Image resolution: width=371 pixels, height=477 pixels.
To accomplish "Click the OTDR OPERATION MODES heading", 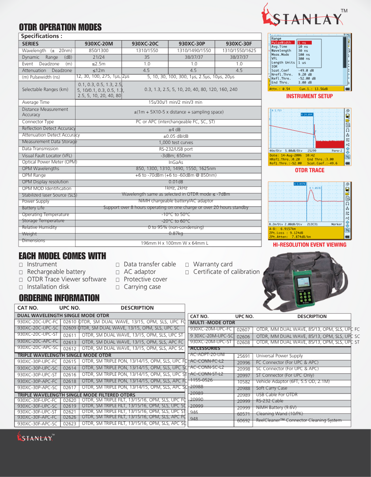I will click(60, 27).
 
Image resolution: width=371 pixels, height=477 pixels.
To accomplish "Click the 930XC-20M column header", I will click(99, 44).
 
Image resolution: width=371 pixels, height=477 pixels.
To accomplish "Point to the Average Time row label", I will click(36, 102).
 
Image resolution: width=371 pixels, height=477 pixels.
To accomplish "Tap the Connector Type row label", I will click(38, 121).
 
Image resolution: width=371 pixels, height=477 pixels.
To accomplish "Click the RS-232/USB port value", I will click(176, 149).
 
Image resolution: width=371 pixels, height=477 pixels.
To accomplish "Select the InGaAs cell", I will click(176, 162).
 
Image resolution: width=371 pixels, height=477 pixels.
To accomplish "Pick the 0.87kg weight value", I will click(176, 233).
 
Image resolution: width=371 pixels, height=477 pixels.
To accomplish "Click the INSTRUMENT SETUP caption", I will click(310, 96).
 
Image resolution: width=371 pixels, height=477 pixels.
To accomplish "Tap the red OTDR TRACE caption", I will click(310, 170).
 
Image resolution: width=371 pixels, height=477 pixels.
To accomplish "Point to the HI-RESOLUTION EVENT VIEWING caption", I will click(310, 244).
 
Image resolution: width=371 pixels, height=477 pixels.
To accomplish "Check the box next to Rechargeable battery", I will click(21, 272).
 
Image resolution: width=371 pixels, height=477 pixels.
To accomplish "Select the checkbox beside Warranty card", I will click(187, 265).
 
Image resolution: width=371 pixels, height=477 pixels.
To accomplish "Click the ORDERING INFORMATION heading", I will click(59, 298).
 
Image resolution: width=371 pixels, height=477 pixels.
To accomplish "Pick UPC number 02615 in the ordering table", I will click(69, 361).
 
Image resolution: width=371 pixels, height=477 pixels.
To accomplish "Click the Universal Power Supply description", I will click(280, 356).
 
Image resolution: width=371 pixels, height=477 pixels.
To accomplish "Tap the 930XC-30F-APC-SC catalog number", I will click(38, 424).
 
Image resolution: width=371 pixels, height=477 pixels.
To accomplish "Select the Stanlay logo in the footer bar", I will click(35, 437).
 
